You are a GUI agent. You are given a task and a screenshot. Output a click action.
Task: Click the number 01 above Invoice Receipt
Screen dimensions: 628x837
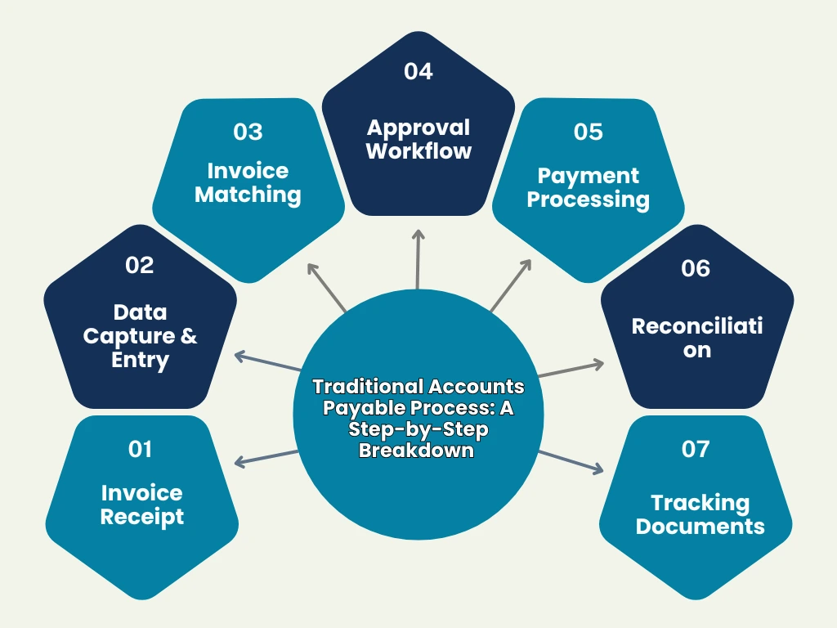(x=141, y=449)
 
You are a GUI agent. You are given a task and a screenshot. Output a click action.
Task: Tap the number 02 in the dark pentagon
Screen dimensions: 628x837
(x=140, y=265)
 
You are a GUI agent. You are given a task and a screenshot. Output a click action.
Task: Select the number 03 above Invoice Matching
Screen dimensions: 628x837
(x=248, y=132)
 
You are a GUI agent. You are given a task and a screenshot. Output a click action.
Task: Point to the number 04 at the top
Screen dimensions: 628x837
(x=418, y=71)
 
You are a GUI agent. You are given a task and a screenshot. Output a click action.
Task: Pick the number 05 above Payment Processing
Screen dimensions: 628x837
(x=588, y=132)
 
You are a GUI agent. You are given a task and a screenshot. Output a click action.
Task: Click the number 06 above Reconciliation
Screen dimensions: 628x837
(x=696, y=269)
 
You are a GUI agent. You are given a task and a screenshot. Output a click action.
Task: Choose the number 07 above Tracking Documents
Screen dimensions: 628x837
(x=696, y=449)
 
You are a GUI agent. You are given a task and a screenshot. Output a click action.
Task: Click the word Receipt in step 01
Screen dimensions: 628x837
(x=142, y=517)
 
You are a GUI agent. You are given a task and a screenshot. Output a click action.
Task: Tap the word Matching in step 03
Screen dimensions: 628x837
(x=248, y=195)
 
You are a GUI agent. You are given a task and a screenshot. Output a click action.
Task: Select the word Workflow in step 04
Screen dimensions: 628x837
(x=418, y=151)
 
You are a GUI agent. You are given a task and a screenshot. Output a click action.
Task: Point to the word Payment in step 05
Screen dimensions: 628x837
(x=588, y=176)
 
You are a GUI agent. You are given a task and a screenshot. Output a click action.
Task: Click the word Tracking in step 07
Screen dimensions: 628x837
(x=700, y=502)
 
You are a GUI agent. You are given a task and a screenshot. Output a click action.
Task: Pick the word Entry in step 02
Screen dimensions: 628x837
(x=140, y=360)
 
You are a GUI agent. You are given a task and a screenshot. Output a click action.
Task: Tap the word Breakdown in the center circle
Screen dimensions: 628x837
(x=417, y=451)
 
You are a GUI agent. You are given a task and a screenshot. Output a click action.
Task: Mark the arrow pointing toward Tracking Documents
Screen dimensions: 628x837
(x=571, y=461)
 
